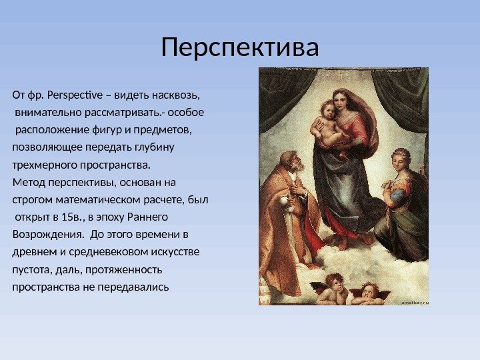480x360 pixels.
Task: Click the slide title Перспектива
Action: (x=240, y=47)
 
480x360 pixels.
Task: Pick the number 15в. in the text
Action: (x=69, y=217)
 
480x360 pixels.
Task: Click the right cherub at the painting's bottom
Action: (x=367, y=292)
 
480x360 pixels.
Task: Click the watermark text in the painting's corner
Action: (x=413, y=301)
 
